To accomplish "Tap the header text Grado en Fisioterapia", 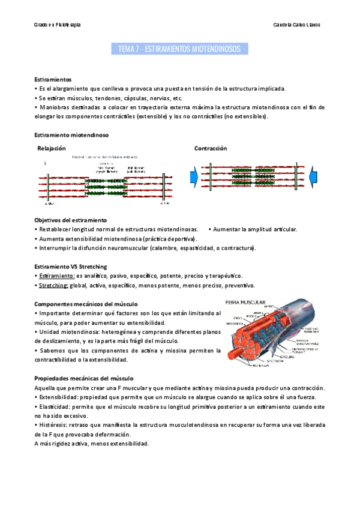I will [58, 25].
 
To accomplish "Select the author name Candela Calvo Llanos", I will [296, 25].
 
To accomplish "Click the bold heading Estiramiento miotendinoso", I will [71, 135].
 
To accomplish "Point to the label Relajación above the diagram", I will [52, 148].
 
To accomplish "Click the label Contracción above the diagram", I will [211, 148].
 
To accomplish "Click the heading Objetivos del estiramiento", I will [70, 220].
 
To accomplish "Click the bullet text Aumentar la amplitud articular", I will [254, 229].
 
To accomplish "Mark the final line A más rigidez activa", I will [91, 444].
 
